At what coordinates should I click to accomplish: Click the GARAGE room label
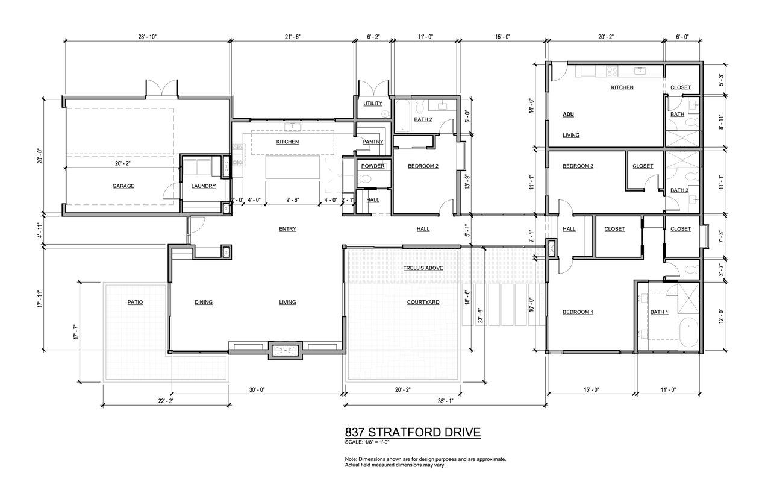[123, 186]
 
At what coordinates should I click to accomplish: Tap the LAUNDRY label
[204, 186]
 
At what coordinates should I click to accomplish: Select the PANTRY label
[373, 142]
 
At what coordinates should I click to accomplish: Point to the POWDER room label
[373, 166]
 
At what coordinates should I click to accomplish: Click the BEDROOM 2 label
[423, 166]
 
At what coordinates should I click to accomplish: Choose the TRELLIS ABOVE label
[423, 268]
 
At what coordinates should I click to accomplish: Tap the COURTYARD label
[423, 302]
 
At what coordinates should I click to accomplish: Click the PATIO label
[135, 302]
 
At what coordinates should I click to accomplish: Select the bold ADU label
[568, 114]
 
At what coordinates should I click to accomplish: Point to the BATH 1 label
[659, 312]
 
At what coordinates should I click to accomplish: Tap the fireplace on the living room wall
[285, 351]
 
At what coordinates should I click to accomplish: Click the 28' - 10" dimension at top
[148, 37]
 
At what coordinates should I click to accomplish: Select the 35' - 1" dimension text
[445, 401]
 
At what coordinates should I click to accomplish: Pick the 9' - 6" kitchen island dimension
[293, 199]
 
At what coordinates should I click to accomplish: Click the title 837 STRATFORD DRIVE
[413, 432]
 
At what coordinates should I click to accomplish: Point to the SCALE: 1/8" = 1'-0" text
[367, 442]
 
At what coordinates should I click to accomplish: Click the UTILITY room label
[373, 103]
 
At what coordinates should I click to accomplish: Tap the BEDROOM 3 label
[578, 166]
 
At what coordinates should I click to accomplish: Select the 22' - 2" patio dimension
[166, 401]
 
